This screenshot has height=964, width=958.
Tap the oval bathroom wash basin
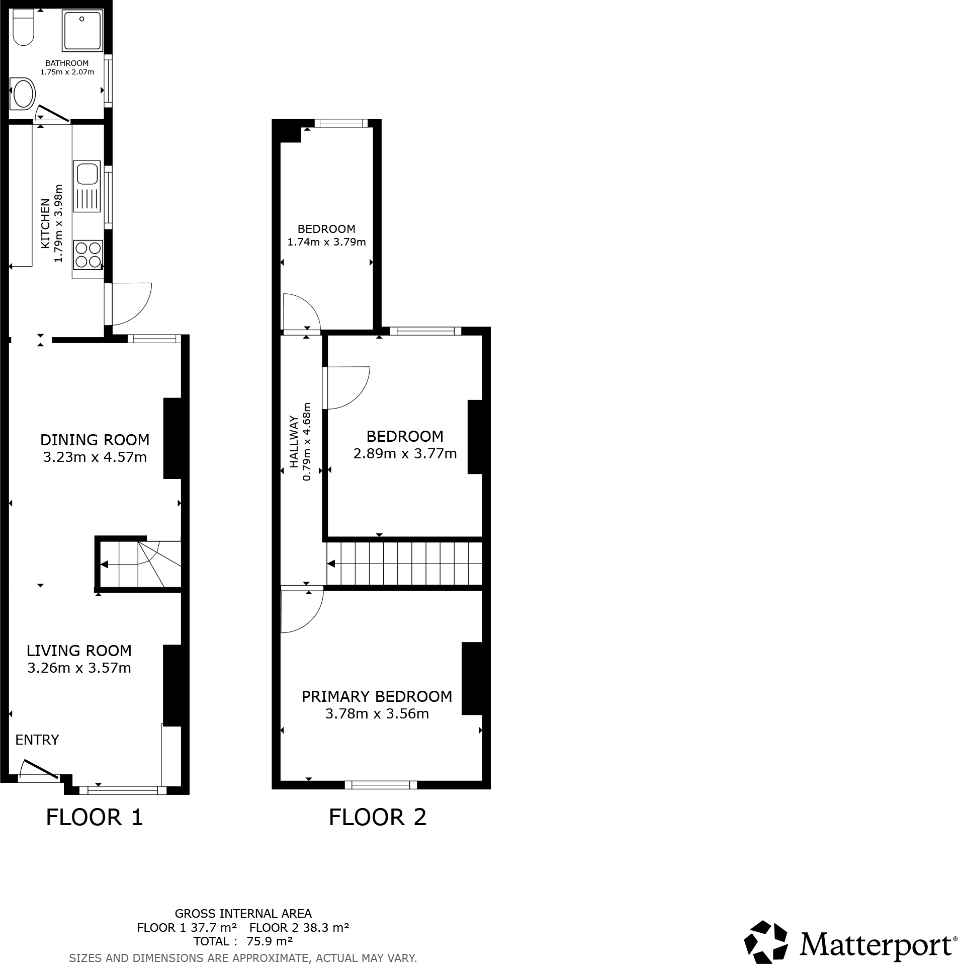click(22, 94)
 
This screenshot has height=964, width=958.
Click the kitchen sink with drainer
click(87, 186)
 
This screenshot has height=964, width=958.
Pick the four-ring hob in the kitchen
click(88, 255)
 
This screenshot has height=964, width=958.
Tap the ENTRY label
click(37, 740)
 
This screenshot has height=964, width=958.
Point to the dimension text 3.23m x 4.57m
click(95, 457)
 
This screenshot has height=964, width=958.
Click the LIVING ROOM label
click(79, 651)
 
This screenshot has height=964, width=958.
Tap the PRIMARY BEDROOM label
click(377, 696)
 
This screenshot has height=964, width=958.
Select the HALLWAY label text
click(294, 442)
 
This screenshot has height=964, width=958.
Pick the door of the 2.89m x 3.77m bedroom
click(347, 387)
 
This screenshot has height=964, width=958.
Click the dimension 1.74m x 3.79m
click(326, 242)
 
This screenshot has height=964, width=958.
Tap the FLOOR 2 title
click(377, 818)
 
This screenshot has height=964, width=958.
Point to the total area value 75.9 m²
click(270, 941)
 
